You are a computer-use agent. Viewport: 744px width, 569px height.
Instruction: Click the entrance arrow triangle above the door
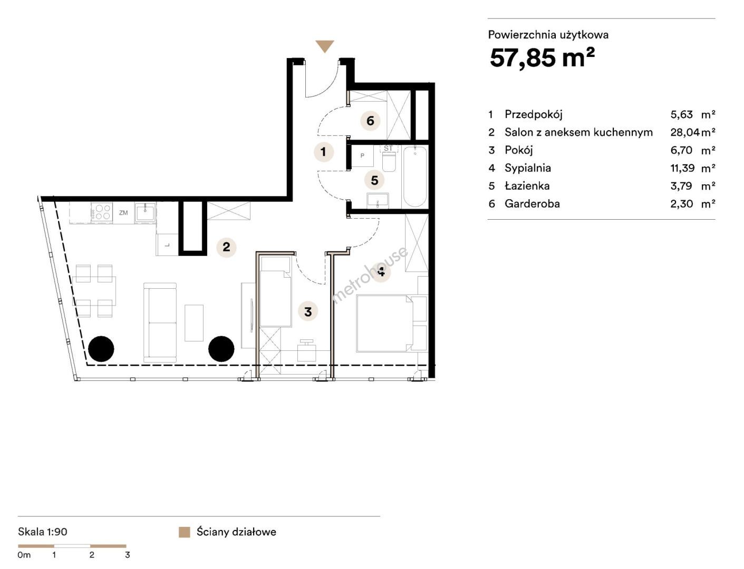tap(325, 46)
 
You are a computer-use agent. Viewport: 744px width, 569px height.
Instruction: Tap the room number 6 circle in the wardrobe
tap(370, 121)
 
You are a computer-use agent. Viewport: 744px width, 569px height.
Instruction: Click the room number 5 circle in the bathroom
tap(374, 180)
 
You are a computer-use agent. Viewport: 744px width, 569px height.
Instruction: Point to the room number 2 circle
tap(226, 247)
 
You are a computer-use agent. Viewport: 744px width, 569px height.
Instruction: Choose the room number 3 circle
tap(308, 311)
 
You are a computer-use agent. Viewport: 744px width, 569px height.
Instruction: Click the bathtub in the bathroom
tap(414, 176)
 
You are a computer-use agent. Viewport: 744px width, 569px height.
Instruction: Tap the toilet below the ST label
tap(389, 161)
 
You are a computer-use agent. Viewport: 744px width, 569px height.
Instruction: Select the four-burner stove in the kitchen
tap(102, 212)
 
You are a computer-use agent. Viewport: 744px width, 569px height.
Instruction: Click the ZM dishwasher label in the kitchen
tap(123, 213)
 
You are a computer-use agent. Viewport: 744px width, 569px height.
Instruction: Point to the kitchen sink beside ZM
tap(146, 212)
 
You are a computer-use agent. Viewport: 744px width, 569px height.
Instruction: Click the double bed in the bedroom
tap(391, 323)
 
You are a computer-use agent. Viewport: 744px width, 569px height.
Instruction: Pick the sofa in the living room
tap(160, 323)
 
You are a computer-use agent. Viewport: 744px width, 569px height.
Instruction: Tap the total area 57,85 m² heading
tap(543, 57)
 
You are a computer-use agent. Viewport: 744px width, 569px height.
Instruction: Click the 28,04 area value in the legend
tap(685, 132)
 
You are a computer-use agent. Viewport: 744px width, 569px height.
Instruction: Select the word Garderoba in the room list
tap(532, 203)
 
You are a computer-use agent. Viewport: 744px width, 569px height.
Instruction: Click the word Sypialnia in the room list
tap(527, 168)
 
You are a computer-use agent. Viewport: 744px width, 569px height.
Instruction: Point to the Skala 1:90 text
tap(43, 532)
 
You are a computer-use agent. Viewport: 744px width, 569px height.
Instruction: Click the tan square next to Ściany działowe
tap(184, 532)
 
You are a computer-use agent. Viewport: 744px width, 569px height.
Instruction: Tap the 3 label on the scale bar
tap(128, 555)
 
